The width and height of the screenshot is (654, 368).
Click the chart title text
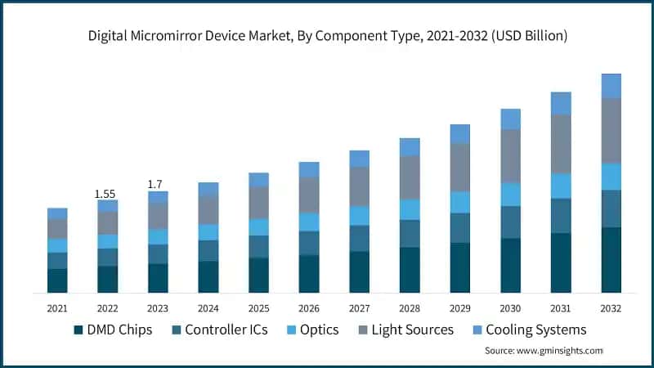point(327,36)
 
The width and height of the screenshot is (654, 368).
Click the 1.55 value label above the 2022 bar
point(105,194)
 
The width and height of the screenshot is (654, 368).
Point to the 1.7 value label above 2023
point(156,185)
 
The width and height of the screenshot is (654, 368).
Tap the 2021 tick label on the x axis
point(56,308)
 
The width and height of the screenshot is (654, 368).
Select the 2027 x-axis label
point(359,308)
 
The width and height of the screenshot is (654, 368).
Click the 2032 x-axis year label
point(611,308)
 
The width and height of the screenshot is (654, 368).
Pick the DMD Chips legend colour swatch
point(78,330)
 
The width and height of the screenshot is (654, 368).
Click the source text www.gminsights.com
point(544,350)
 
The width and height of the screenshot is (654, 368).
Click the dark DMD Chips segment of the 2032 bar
point(611,260)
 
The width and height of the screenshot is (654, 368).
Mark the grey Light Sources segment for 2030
point(510,155)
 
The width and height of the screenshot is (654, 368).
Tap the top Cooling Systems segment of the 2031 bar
point(561,103)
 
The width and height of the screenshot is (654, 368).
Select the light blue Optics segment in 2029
point(460,202)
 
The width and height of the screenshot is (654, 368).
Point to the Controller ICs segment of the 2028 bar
point(410,233)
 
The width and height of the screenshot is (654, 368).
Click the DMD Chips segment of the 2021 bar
point(56,280)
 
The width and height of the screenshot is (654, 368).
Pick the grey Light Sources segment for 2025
point(258,203)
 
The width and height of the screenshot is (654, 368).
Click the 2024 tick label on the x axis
point(208,308)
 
